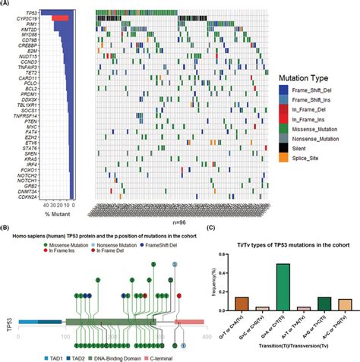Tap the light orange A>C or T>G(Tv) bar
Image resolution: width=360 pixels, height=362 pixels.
323,304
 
